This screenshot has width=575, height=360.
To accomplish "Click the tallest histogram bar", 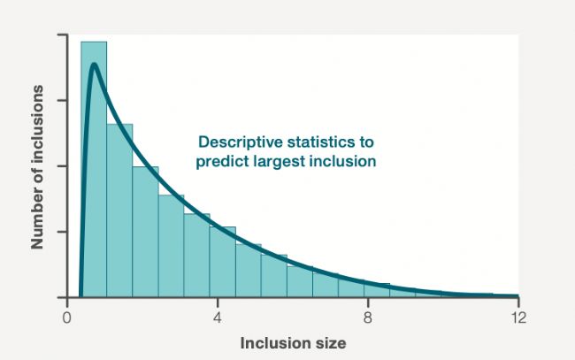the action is (94, 169).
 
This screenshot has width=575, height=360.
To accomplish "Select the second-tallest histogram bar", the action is (119, 211).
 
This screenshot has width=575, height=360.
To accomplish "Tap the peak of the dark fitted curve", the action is (95, 65).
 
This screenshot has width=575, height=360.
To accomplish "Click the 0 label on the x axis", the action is (66, 318).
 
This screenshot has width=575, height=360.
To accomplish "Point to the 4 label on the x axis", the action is (218, 318).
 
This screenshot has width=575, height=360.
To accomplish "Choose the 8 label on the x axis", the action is (368, 318).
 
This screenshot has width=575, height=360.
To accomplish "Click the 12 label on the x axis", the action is (518, 318).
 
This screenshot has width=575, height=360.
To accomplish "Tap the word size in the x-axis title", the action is (326, 343).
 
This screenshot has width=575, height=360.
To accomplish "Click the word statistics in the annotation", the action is (317, 142).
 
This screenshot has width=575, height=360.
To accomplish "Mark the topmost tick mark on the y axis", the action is (62, 34).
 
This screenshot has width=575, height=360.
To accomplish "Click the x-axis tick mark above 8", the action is (368, 302).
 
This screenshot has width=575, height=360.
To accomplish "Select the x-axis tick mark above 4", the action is (218, 302).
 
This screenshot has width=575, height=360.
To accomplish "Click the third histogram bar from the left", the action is (146, 232).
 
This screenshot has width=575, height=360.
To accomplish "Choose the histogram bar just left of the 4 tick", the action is (197, 255).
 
